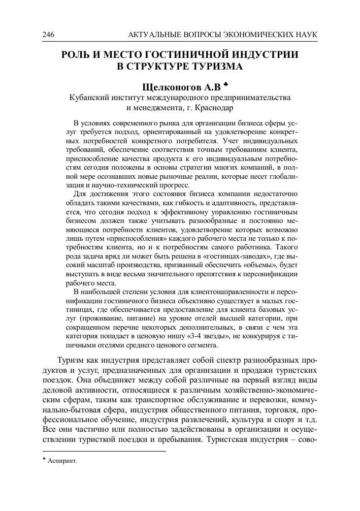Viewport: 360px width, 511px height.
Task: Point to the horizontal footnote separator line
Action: pos(104,451)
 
